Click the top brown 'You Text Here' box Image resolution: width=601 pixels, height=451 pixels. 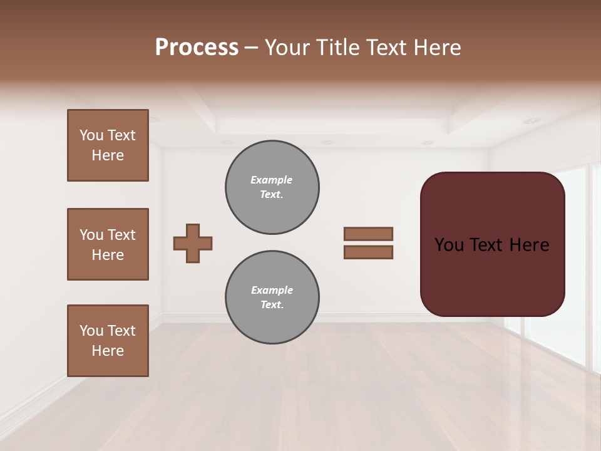point(108,145)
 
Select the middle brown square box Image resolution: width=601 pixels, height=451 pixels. point(108,244)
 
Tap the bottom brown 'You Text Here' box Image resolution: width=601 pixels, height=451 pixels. point(108,341)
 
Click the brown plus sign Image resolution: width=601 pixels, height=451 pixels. point(193,243)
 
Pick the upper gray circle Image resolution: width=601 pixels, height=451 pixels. point(272,187)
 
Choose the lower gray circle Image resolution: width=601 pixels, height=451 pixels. point(272,298)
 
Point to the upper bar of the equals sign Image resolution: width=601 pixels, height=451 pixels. point(368,234)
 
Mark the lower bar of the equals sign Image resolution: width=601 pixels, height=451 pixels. point(368,252)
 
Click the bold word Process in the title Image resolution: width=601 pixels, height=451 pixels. point(197,48)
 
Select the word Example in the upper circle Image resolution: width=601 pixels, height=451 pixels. point(272,180)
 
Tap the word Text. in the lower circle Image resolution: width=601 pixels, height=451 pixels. point(272,305)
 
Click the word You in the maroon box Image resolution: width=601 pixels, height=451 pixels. point(449,245)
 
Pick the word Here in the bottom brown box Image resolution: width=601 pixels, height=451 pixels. point(108,351)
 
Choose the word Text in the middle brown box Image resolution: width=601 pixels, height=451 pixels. point(121,235)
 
